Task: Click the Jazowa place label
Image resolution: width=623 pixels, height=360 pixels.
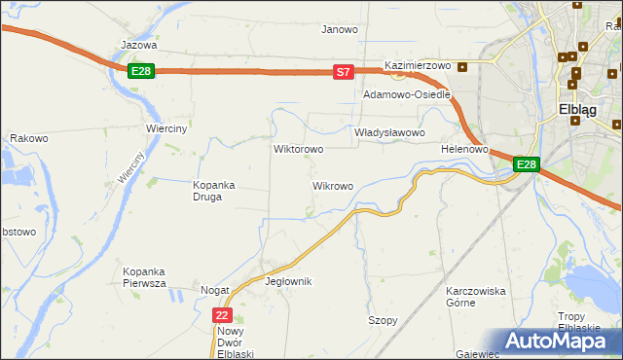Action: tap(139, 45)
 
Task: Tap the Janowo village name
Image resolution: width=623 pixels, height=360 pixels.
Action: tap(340, 29)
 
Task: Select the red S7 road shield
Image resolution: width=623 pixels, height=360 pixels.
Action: tap(343, 72)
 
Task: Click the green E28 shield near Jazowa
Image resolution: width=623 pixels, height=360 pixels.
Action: tap(141, 71)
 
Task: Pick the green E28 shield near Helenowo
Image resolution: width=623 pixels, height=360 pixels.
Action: tap(526, 164)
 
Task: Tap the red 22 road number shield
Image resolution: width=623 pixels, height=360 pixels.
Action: tap(223, 315)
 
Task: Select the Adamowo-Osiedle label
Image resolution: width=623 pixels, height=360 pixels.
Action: tap(406, 95)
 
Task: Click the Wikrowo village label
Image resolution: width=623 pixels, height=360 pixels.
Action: tap(332, 186)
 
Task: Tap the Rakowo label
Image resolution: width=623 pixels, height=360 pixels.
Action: tap(29, 139)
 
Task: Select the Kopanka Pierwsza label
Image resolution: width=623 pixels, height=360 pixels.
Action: tap(144, 277)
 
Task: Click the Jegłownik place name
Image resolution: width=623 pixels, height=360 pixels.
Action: tap(287, 281)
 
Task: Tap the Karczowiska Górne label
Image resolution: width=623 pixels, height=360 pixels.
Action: tap(475, 297)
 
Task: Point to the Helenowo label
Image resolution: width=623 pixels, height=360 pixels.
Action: tap(463, 150)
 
